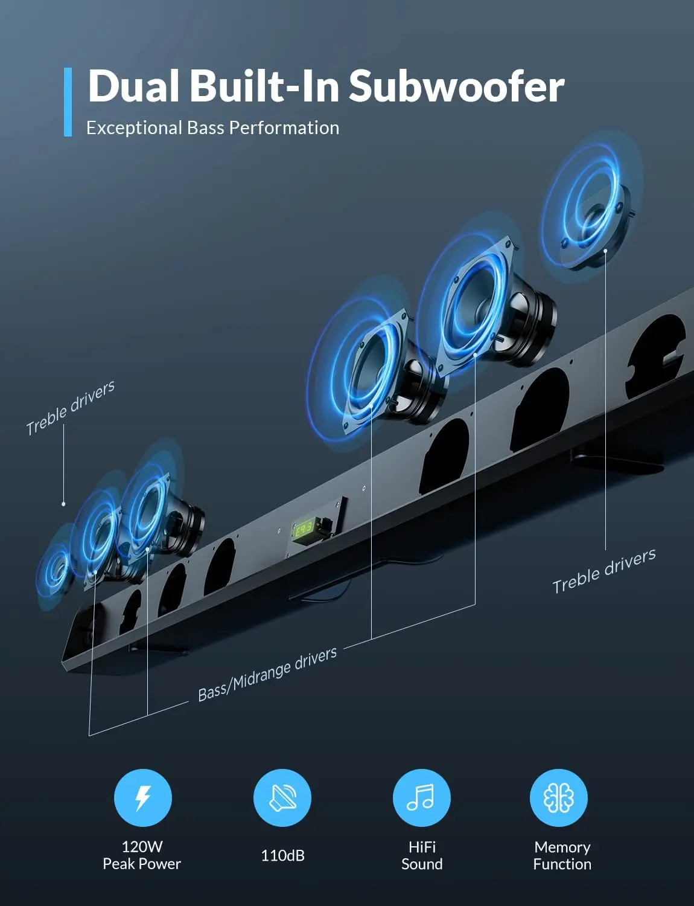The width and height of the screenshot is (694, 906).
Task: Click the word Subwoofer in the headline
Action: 456,86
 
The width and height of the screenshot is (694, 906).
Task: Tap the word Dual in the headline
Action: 134,86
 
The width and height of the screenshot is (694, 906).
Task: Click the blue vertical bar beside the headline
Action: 68,101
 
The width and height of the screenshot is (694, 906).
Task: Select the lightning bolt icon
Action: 143,797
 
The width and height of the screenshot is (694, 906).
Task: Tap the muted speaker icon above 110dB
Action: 282,797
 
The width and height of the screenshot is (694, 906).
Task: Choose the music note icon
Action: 421,797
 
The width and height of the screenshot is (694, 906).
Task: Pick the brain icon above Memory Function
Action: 559,797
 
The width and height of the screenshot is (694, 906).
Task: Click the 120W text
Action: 142,847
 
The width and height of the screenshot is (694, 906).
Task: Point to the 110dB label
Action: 282,855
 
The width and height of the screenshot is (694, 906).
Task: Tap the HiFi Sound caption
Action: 422,855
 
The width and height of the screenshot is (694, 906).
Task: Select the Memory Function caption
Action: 562,855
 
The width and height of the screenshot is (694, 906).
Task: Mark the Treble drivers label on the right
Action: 603,571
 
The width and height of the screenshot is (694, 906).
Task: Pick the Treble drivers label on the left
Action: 70,408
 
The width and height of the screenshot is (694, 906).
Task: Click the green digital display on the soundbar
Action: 303,530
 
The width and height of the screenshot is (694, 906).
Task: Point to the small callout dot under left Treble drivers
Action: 64,504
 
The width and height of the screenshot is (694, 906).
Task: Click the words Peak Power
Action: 142,864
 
